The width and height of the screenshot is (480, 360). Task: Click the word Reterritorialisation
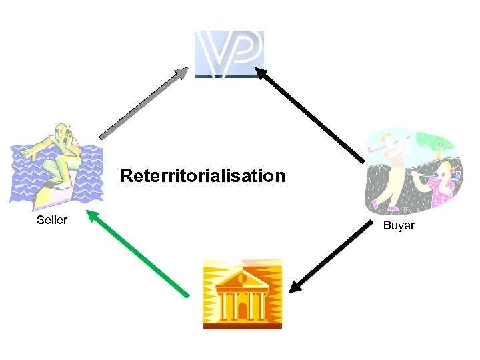coord(203,176)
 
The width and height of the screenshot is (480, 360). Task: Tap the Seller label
coord(52,219)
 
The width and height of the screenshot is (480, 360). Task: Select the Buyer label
coord(399,225)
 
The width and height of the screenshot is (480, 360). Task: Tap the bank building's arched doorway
coord(242,309)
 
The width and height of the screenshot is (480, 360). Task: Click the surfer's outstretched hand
coord(26,153)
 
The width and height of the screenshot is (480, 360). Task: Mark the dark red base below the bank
coord(242,325)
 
